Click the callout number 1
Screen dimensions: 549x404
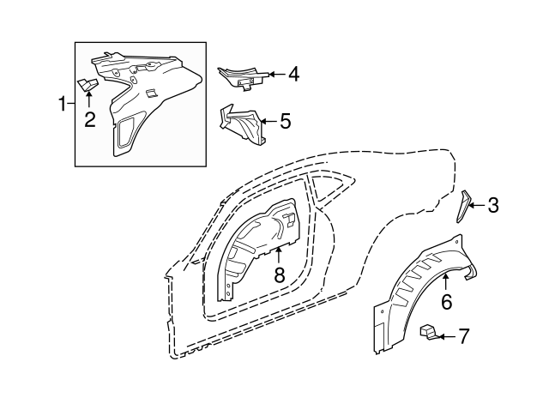click(63, 104)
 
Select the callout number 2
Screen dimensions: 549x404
click(89, 120)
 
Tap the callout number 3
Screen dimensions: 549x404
click(493, 205)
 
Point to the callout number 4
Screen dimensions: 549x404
click(293, 75)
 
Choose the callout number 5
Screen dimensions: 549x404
click(286, 121)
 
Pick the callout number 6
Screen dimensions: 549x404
click(446, 302)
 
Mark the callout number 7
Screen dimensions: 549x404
click(463, 336)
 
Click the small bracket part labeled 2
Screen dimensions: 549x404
click(87, 85)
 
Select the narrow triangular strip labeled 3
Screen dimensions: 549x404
click(462, 207)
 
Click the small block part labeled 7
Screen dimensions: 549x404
click(428, 332)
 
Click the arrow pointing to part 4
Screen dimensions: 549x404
click(277, 75)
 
